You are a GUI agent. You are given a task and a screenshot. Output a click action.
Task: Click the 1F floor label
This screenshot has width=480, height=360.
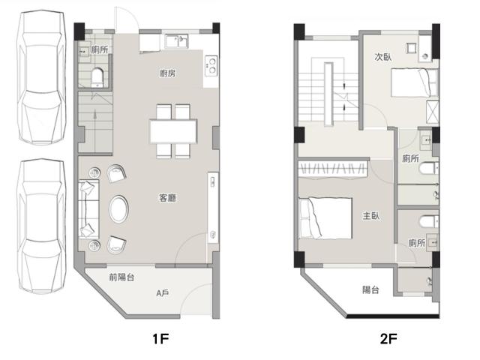[x=161, y=338]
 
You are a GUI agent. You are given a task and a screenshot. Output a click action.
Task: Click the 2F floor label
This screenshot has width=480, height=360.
[x=388, y=338]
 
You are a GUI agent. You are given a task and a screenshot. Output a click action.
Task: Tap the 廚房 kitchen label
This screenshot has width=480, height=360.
[x=167, y=73]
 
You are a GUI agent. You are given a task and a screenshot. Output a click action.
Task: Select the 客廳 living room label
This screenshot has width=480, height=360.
[x=168, y=198]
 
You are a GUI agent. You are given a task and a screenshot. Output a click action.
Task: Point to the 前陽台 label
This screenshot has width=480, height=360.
[x=121, y=277]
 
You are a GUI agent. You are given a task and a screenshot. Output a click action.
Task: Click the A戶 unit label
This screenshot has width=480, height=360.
[x=162, y=293]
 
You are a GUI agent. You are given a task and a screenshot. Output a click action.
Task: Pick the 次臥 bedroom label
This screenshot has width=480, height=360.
[x=383, y=57]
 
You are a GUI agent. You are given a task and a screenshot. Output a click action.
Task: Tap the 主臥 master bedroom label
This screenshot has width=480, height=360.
[x=371, y=216]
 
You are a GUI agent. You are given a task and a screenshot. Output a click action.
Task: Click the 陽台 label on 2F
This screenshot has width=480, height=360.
[x=370, y=289]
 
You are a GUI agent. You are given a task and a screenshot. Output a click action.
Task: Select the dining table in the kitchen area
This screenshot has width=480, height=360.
[x=173, y=131]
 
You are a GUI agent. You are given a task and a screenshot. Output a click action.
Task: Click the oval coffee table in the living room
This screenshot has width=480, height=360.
[x=118, y=209]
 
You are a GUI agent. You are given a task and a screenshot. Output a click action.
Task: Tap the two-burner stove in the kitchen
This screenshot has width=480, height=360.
[x=211, y=66]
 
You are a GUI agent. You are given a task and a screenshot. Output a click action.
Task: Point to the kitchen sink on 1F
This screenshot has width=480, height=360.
[x=177, y=41]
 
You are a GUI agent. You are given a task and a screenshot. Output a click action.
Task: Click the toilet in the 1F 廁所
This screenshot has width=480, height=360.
[x=97, y=77]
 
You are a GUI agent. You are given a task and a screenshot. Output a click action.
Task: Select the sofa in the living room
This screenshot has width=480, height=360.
[x=88, y=209]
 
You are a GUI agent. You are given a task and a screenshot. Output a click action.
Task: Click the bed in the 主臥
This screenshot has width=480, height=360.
[x=325, y=218]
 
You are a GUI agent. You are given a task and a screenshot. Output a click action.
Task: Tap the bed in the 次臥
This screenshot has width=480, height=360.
[x=415, y=82]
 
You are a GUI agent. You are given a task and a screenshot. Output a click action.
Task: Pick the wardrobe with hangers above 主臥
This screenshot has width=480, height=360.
[x=333, y=169]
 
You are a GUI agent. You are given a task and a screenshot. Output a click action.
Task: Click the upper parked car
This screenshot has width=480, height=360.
[x=42, y=77]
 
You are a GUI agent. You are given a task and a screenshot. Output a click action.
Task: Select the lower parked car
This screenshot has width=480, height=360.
[x=42, y=226]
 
